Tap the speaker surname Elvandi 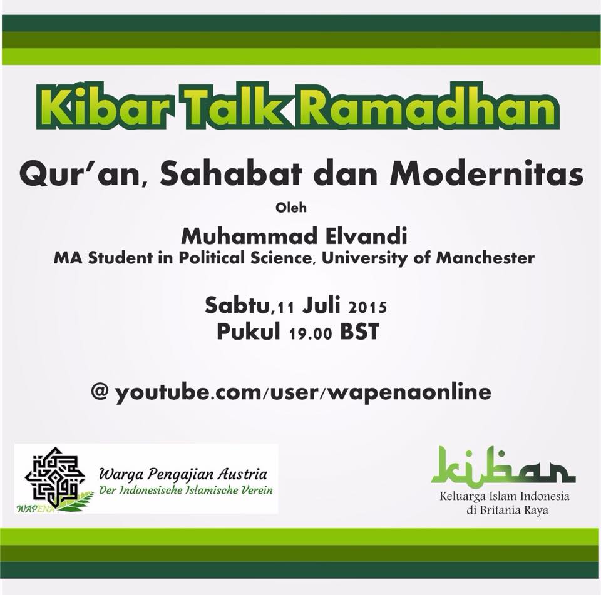pos(366,236)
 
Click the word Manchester pos(485,258)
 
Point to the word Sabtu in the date pos(237,305)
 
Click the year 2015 pos(367,307)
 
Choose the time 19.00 pos(311,333)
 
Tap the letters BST pos(359,332)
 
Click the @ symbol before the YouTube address pos(100,391)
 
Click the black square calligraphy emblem pos(54,476)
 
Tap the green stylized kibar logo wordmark pos(503,465)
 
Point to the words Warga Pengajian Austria pos(183,474)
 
